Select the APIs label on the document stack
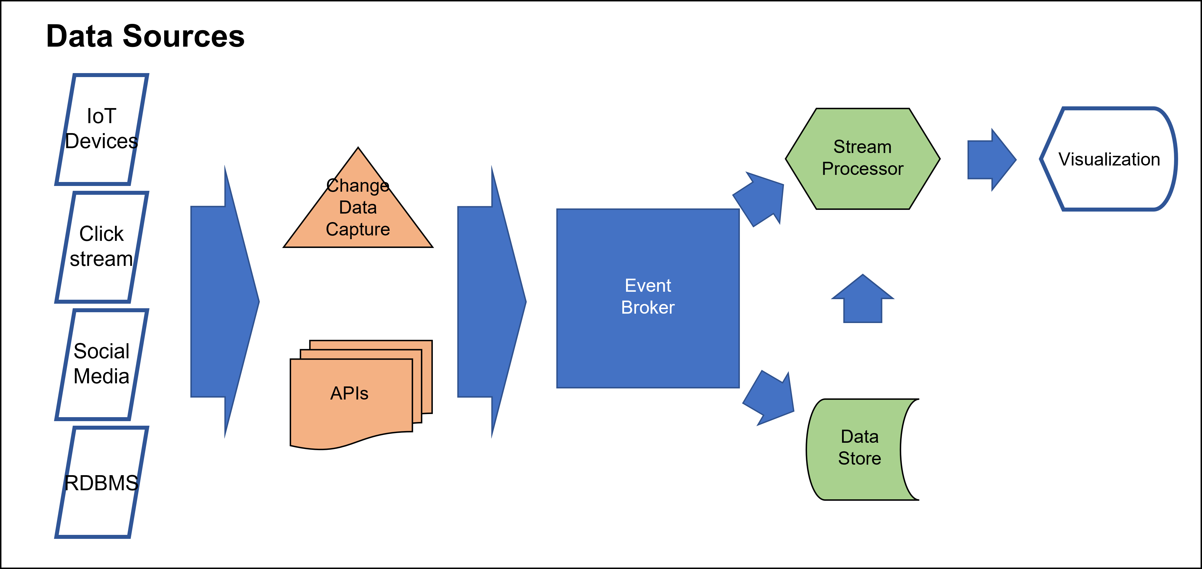349,393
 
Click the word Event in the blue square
648,285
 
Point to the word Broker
648,307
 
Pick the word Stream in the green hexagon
862,147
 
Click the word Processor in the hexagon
862,169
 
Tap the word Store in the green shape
859,458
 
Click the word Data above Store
859,436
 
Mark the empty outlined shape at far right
1108,159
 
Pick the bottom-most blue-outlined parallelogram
102,482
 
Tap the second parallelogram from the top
102,247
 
